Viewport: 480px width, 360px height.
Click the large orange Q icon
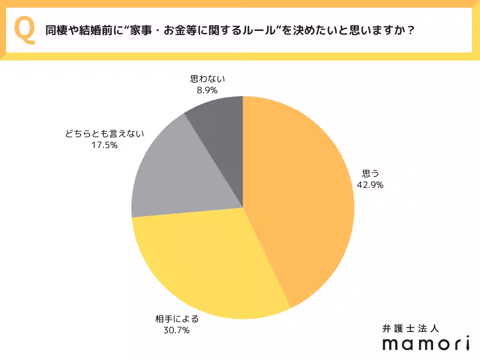(25, 30)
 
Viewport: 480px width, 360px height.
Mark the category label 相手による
(177, 319)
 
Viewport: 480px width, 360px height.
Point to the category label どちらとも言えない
(105, 134)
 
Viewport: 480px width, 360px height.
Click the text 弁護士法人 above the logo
(410, 328)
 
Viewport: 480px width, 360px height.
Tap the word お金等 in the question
(199, 31)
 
